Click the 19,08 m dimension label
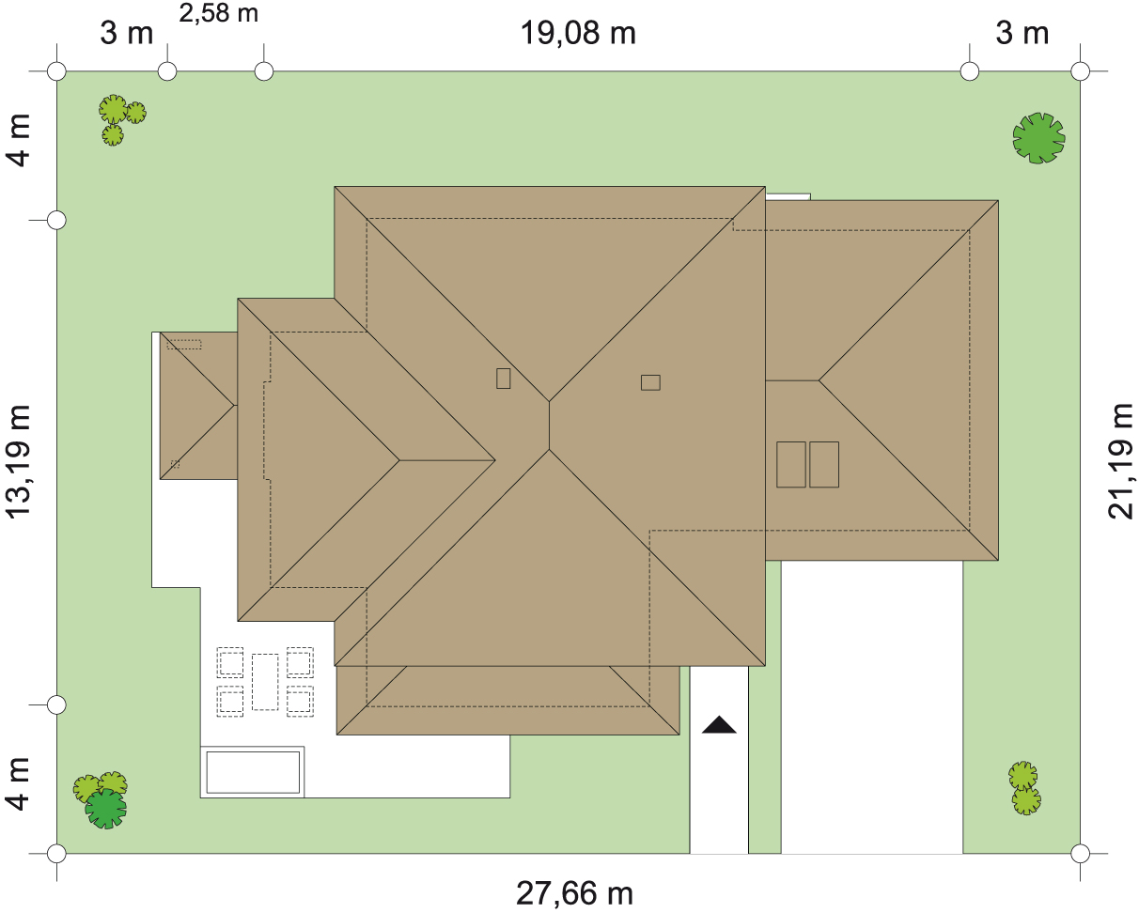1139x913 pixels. coord(578,33)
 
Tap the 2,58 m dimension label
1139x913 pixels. coord(219,13)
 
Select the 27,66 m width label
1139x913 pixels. coord(574,893)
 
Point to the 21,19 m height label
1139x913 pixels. coord(1120,461)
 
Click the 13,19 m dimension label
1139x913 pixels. coord(18,461)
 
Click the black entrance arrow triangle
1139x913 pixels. coord(719,725)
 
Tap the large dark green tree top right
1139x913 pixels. coord(1039,137)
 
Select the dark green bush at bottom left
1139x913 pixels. coord(106,808)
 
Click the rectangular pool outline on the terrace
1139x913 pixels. coord(253,772)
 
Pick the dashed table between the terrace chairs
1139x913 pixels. coord(265,682)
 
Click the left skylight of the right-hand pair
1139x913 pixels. coord(790,464)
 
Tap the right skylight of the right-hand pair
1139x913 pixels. coord(824,464)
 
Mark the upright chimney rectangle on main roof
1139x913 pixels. coord(504,379)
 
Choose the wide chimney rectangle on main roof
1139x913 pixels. coord(650,382)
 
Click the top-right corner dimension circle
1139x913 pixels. coord(1080,70)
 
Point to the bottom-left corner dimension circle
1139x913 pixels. coord(56,853)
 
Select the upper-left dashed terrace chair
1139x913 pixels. coord(230,662)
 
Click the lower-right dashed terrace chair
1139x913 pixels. coord(300,702)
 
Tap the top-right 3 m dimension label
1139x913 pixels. coord(1022,33)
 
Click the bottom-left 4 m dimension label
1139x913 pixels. coord(18,784)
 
